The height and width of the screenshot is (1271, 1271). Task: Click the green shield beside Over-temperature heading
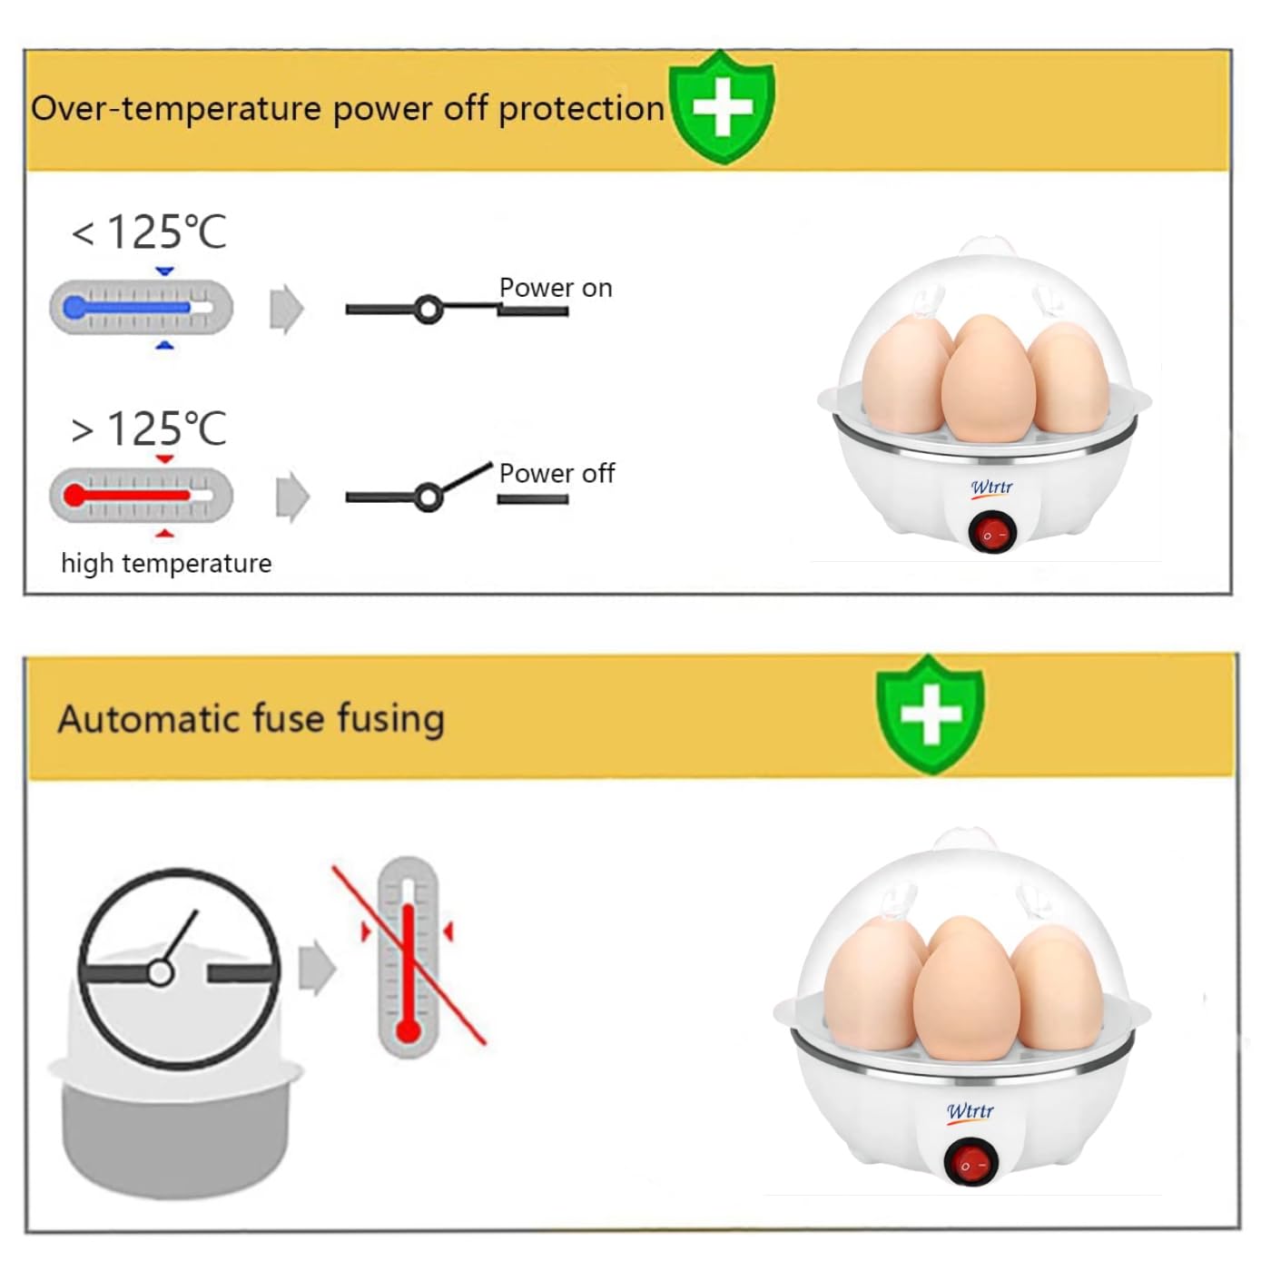click(x=722, y=107)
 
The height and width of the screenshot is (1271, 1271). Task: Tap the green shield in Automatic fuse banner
click(x=930, y=714)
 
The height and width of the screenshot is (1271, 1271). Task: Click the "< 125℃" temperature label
click(x=150, y=232)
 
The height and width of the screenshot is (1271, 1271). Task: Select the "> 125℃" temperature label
click(x=150, y=429)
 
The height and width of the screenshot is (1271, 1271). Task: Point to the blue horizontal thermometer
click(x=141, y=308)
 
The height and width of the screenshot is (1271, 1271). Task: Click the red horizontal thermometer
click(x=141, y=496)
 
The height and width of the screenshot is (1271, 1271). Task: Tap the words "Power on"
click(x=556, y=288)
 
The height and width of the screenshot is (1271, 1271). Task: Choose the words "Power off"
click(x=557, y=473)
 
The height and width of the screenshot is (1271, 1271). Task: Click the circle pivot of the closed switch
click(x=429, y=310)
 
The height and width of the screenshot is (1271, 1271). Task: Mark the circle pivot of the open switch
click(x=428, y=497)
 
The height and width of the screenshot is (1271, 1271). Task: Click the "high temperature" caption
click(x=166, y=564)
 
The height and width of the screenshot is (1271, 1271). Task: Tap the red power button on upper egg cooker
click(x=991, y=533)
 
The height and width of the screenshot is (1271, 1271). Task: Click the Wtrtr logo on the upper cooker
click(x=991, y=488)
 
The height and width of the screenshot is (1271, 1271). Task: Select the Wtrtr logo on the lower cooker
click(x=970, y=1111)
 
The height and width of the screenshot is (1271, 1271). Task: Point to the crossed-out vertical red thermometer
click(x=408, y=957)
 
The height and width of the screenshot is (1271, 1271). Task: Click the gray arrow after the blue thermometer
click(x=287, y=309)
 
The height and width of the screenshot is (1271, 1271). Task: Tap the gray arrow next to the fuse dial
click(x=317, y=968)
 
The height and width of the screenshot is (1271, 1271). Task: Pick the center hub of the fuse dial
click(x=161, y=973)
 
